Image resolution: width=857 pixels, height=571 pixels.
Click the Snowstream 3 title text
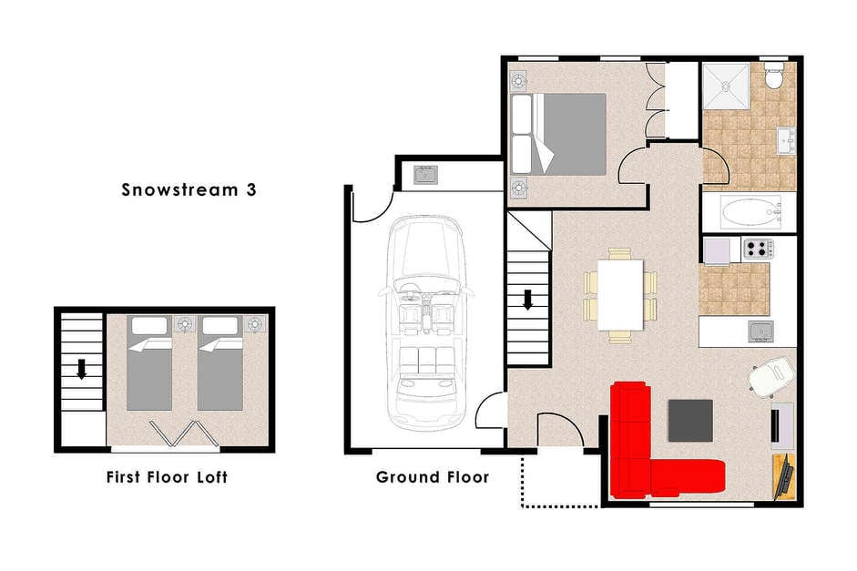tap(189, 189)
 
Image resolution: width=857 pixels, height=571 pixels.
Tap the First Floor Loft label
tap(167, 477)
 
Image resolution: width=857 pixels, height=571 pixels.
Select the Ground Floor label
tap(433, 477)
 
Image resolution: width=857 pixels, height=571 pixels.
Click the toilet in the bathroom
tap(774, 76)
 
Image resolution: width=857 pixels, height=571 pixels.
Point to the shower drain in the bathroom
tap(725, 86)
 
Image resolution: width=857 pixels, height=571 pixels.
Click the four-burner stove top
tap(758, 249)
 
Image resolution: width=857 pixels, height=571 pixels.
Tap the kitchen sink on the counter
tap(761, 331)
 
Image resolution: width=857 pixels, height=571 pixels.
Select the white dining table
tap(620, 295)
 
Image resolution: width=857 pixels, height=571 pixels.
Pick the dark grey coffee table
tap(690, 420)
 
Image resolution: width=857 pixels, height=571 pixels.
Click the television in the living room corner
tap(785, 476)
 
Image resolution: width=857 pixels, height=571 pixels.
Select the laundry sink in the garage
tap(425, 175)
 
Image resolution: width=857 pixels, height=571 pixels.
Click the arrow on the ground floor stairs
tap(528, 300)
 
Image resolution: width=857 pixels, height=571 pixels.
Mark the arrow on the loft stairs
tap(81, 370)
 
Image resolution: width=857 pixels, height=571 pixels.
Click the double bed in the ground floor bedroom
tap(558, 134)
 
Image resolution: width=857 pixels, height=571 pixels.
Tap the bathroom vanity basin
tap(787, 141)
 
